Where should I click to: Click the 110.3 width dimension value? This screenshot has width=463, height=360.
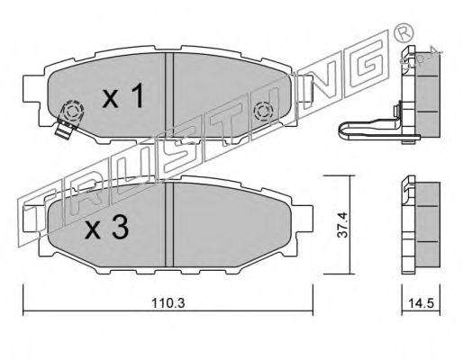point(168,303)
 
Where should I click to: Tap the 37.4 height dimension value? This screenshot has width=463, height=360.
point(342,225)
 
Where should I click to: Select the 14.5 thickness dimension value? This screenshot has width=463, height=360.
point(421,303)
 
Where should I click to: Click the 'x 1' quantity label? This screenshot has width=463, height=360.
point(123,96)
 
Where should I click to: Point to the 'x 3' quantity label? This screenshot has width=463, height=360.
point(106,228)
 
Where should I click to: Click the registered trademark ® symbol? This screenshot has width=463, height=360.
point(404,32)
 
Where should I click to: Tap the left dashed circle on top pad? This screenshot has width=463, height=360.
point(72,112)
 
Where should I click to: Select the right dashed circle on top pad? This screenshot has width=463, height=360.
point(263,112)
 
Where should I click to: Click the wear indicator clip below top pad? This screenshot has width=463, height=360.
point(65,130)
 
